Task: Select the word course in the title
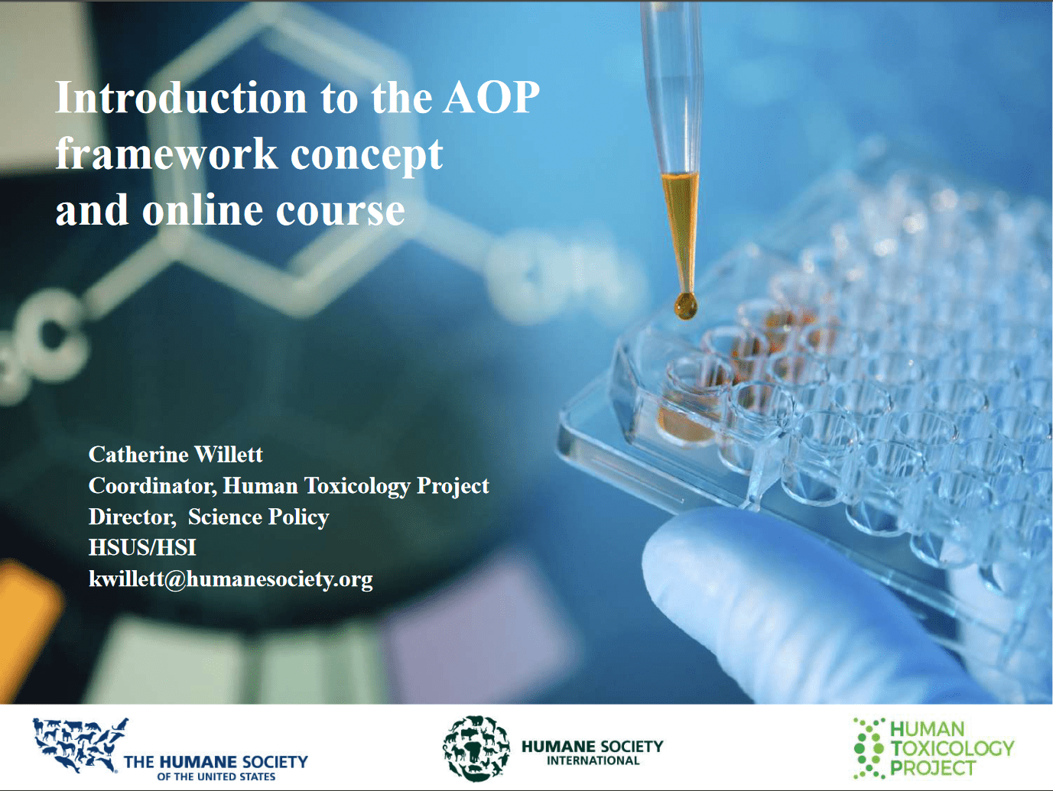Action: pos(340,212)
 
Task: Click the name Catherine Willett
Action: pos(176,455)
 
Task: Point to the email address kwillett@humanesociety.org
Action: pos(230,579)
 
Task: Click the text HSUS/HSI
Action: pos(142,547)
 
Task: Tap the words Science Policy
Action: pos(258,517)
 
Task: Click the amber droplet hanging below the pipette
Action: pos(685,306)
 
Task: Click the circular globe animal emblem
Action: pos(476,748)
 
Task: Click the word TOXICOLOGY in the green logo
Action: pos(952,748)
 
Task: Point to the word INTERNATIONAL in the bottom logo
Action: pos(593,760)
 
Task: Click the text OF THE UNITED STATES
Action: pos(216,776)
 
